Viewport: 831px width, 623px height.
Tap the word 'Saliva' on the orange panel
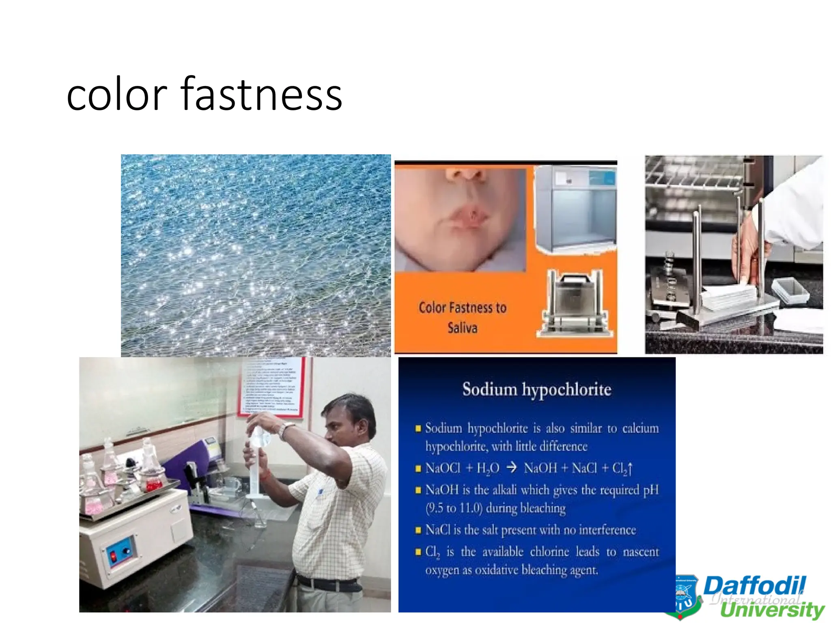pyautogui.click(x=462, y=327)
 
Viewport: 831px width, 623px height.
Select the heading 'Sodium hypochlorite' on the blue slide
pyautogui.click(x=536, y=389)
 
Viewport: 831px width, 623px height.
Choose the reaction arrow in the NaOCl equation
pyautogui.click(x=512, y=468)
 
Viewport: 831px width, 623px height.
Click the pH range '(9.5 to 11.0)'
pyautogui.click(x=454, y=508)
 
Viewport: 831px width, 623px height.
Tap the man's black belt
pyautogui.click(x=329, y=584)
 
